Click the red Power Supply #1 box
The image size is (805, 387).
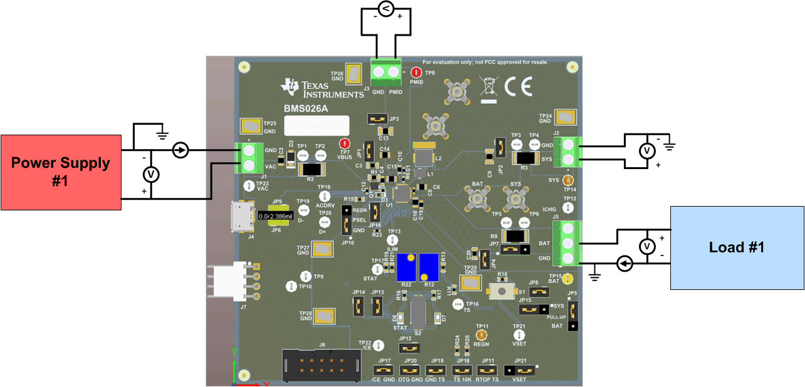click(61, 172)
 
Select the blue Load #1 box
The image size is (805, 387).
click(737, 247)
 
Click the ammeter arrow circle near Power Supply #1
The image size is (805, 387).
click(180, 150)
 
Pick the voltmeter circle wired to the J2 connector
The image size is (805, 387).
click(645, 150)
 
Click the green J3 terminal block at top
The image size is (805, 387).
click(386, 73)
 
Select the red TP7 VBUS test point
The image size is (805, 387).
click(344, 143)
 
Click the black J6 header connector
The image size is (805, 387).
click(321, 365)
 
